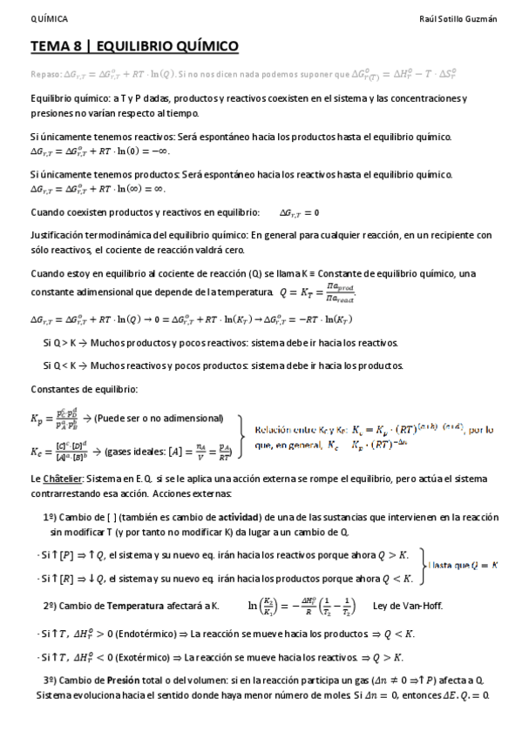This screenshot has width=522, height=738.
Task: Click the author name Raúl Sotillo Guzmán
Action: click(458, 18)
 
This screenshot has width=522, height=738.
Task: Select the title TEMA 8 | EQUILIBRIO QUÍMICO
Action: click(135, 46)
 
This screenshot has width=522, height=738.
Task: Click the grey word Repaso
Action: click(45, 76)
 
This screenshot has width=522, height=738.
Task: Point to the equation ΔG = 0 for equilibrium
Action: click(299, 212)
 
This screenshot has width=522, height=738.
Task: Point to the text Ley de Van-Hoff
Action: click(407, 605)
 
